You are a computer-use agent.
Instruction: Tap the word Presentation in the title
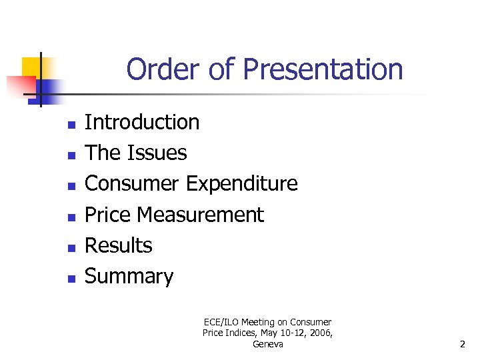click(x=323, y=69)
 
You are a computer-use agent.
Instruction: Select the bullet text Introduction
click(x=142, y=122)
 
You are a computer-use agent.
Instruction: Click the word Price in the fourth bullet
click(x=108, y=215)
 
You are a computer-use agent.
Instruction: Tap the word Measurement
click(x=200, y=215)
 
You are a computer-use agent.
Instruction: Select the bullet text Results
click(x=119, y=245)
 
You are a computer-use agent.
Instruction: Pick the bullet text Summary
click(x=129, y=276)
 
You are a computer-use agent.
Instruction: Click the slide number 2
click(x=462, y=345)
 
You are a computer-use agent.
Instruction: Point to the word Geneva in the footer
click(x=268, y=344)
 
